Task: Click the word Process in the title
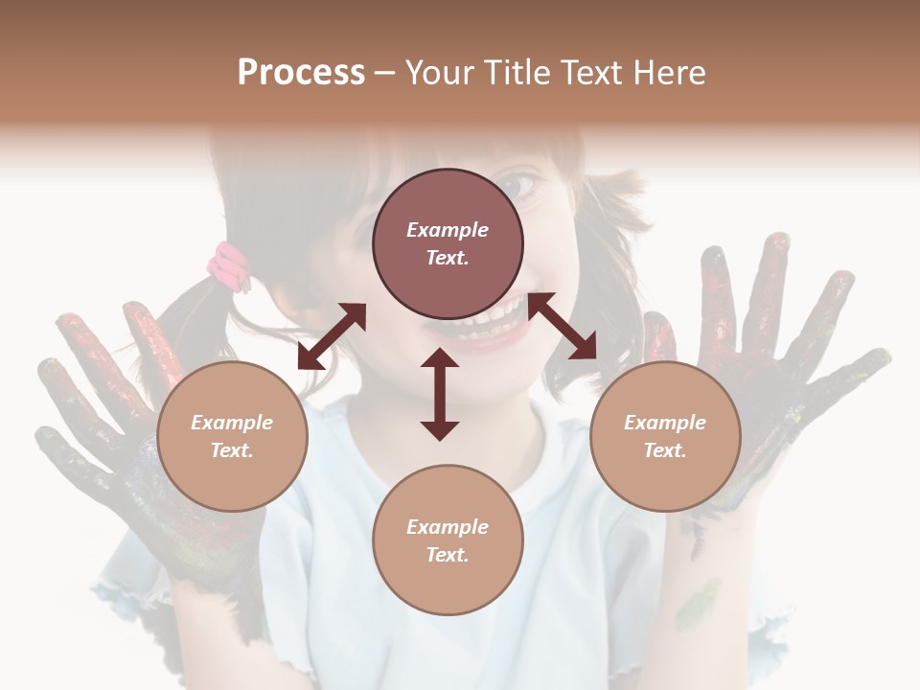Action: (x=301, y=73)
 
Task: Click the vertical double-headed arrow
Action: (x=440, y=395)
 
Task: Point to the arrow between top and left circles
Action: (x=332, y=336)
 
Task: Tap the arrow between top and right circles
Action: (x=562, y=326)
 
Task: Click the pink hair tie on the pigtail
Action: (x=231, y=264)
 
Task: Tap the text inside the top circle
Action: (x=448, y=243)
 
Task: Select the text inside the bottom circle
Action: (x=448, y=540)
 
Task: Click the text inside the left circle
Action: (x=232, y=436)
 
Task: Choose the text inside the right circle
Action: (x=665, y=436)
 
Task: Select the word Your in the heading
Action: (x=440, y=73)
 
